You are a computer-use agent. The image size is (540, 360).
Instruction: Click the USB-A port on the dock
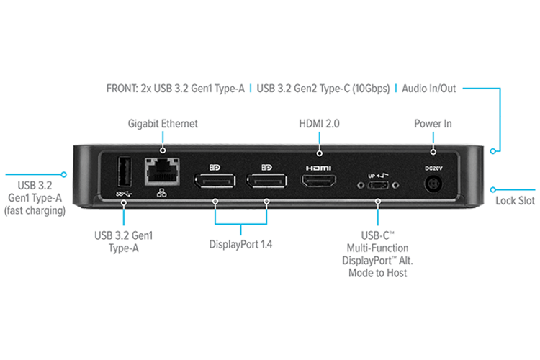122,175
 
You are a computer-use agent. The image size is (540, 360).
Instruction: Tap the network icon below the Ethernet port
158,193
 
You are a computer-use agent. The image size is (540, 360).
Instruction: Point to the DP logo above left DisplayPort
215,168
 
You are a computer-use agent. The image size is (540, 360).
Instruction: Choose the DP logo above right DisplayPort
265,168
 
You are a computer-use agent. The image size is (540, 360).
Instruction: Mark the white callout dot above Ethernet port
163,151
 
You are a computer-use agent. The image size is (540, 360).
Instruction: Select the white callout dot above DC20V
433,151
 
